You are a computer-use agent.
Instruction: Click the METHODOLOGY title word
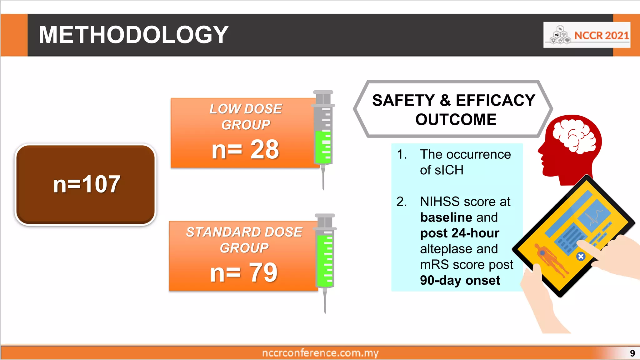point(133,35)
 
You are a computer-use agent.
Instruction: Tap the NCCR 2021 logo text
point(601,35)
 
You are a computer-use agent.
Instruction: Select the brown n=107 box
point(86,184)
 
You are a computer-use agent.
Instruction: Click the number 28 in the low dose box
point(264,150)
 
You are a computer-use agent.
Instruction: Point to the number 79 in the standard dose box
point(263,273)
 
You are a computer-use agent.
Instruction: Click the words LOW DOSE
point(246,109)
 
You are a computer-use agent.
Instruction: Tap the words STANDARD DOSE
point(244,232)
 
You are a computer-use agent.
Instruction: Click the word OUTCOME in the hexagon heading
point(456,120)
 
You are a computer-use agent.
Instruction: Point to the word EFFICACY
point(495,101)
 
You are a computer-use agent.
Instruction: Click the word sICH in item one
point(442,170)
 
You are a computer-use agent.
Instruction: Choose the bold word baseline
point(446,217)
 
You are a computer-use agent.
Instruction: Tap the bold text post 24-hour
point(459,233)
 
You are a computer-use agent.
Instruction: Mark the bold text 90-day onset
point(460,280)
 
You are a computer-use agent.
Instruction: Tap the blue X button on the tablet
point(581,257)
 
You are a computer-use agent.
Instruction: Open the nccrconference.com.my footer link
point(320,353)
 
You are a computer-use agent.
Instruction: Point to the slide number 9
point(632,353)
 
